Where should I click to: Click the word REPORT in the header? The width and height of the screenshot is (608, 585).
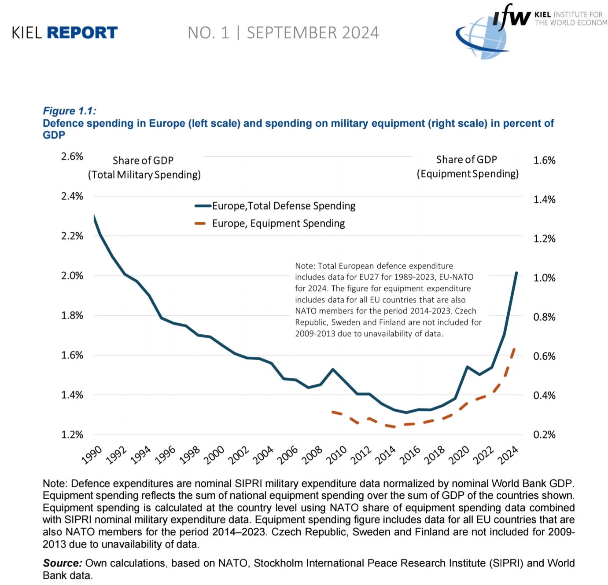tap(82, 33)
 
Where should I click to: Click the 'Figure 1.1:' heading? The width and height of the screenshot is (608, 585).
tap(70, 111)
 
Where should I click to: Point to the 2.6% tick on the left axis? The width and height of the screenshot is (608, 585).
tap(72, 157)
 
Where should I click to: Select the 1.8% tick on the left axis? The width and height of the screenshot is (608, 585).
tap(72, 315)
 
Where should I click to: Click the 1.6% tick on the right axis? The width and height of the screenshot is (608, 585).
tap(544, 160)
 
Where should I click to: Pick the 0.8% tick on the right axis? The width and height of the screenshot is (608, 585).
tap(544, 317)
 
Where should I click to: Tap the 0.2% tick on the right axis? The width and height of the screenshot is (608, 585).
tap(544, 435)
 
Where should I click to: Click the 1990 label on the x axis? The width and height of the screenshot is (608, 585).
tap(92, 455)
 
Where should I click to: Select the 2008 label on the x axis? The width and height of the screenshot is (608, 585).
tap(312, 455)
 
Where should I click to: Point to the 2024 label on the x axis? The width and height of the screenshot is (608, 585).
tap(508, 455)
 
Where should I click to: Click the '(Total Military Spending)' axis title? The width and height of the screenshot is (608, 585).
tap(144, 175)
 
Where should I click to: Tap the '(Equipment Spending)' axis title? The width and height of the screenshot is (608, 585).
tap(468, 174)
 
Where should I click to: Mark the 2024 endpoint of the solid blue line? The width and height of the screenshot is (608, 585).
tap(516, 273)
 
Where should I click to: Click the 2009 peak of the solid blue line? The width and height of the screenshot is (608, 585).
tap(333, 369)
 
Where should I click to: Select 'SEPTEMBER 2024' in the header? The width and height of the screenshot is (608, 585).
tap(313, 33)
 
